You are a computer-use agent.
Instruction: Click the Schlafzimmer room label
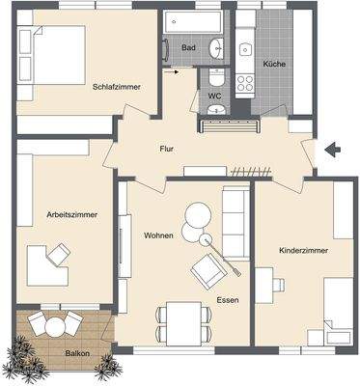coord(117,87)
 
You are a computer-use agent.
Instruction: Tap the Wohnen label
coord(158,234)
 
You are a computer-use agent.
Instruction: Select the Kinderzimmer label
coord(303,250)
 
